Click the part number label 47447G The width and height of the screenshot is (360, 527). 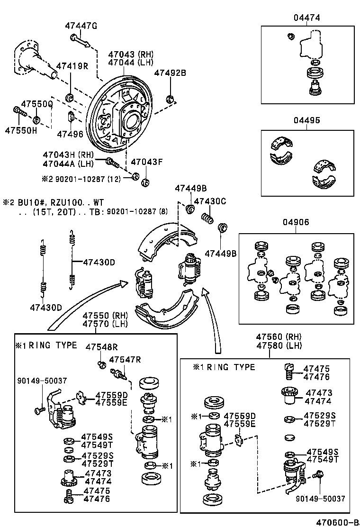(81, 26)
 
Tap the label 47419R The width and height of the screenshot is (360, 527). (72, 66)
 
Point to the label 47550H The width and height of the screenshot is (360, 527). (21, 130)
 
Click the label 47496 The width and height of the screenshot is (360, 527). (70, 134)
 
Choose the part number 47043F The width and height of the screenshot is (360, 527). (147, 162)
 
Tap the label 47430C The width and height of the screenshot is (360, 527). (210, 201)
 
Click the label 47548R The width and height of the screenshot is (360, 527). (101, 347)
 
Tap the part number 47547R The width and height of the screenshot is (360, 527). (125, 360)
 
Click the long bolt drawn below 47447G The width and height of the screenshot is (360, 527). (81, 41)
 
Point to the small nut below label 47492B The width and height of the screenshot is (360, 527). (170, 99)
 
